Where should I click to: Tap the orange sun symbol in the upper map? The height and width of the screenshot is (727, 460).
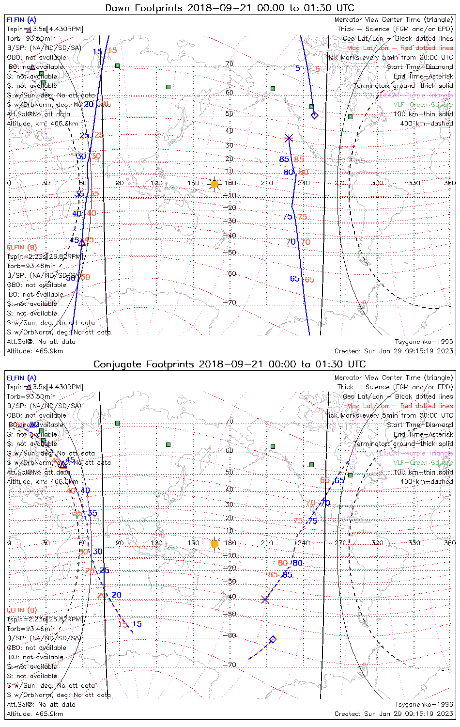pyautogui.click(x=215, y=184)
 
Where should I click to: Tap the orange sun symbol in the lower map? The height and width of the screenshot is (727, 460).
pyautogui.click(x=215, y=544)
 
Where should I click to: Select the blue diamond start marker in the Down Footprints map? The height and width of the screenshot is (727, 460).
pyautogui.click(x=314, y=115)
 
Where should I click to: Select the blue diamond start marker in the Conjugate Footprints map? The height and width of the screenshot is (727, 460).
pyautogui.click(x=273, y=639)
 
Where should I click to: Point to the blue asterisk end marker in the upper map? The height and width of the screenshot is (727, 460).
pyautogui.click(x=289, y=138)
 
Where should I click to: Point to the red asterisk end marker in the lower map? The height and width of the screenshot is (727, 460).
pyautogui.click(x=265, y=600)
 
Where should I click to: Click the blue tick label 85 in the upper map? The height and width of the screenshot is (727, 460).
pyautogui.click(x=284, y=159)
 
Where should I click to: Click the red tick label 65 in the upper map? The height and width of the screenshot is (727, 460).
pyautogui.click(x=309, y=280)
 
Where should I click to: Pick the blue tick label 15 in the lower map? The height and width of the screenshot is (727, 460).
pyautogui.click(x=137, y=624)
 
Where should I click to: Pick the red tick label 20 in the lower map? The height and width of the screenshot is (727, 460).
pyautogui.click(x=102, y=595)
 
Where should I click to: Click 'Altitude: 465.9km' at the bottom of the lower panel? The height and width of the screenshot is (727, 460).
pyautogui.click(x=35, y=714)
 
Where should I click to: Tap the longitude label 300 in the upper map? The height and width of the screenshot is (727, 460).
pyautogui.click(x=377, y=183)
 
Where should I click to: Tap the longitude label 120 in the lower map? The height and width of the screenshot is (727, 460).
pyautogui.click(x=156, y=543)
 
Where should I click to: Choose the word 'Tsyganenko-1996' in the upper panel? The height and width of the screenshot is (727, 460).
pyautogui.click(x=424, y=342)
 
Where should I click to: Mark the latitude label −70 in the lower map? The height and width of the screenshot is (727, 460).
pyautogui.click(x=232, y=665)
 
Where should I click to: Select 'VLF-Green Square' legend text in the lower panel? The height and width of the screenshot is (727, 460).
pyautogui.click(x=423, y=462)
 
